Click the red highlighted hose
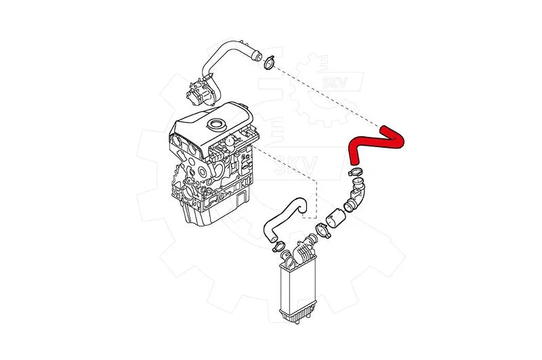pos(373,141)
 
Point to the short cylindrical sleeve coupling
pos(335,218)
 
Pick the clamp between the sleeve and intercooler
pos(323,231)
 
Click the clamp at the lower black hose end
pos(278,246)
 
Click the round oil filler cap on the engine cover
pos(216,124)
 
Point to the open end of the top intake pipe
pos(257,56)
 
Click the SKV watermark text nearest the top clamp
pos(335,82)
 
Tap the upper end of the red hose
pos(383,128)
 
